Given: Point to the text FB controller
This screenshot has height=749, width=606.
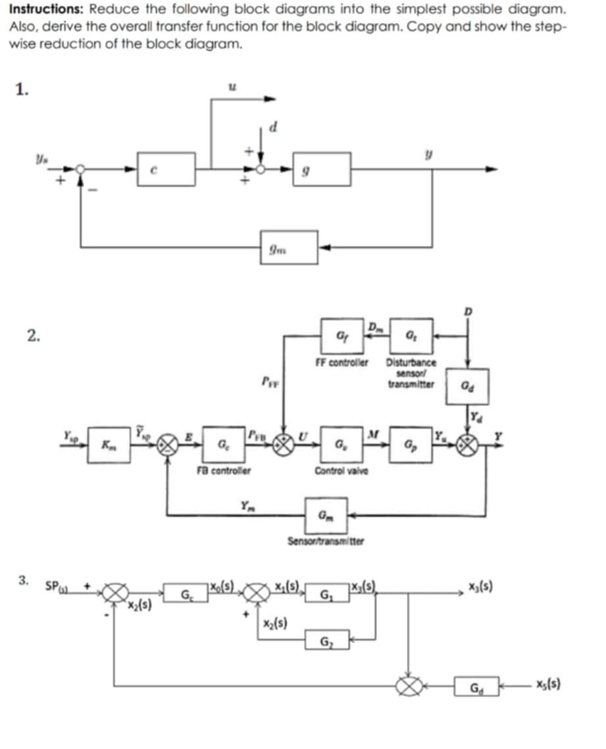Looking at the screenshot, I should coord(224,470).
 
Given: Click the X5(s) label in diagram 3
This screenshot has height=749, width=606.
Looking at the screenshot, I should coord(547,685).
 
